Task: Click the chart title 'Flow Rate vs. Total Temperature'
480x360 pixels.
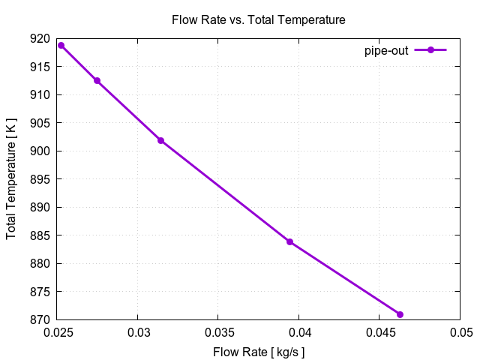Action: point(259,20)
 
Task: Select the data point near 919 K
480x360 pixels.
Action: point(61,45)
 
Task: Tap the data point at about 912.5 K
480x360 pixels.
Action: point(97,80)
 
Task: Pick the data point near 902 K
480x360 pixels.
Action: point(160,140)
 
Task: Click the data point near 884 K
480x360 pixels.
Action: point(289,241)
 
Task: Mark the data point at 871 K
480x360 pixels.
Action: point(400,314)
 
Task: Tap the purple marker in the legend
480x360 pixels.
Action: point(430,50)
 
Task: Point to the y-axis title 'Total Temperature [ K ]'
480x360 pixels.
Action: point(11,179)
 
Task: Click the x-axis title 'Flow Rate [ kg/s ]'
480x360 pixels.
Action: point(259,351)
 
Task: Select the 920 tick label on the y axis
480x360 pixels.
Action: point(42,39)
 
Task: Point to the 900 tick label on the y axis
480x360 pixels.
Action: point(42,151)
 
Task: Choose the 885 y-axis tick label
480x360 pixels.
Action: point(42,235)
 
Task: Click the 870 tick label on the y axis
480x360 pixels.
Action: point(42,319)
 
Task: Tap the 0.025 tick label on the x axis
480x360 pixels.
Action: point(61,331)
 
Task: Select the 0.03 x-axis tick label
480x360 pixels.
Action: point(139,331)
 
